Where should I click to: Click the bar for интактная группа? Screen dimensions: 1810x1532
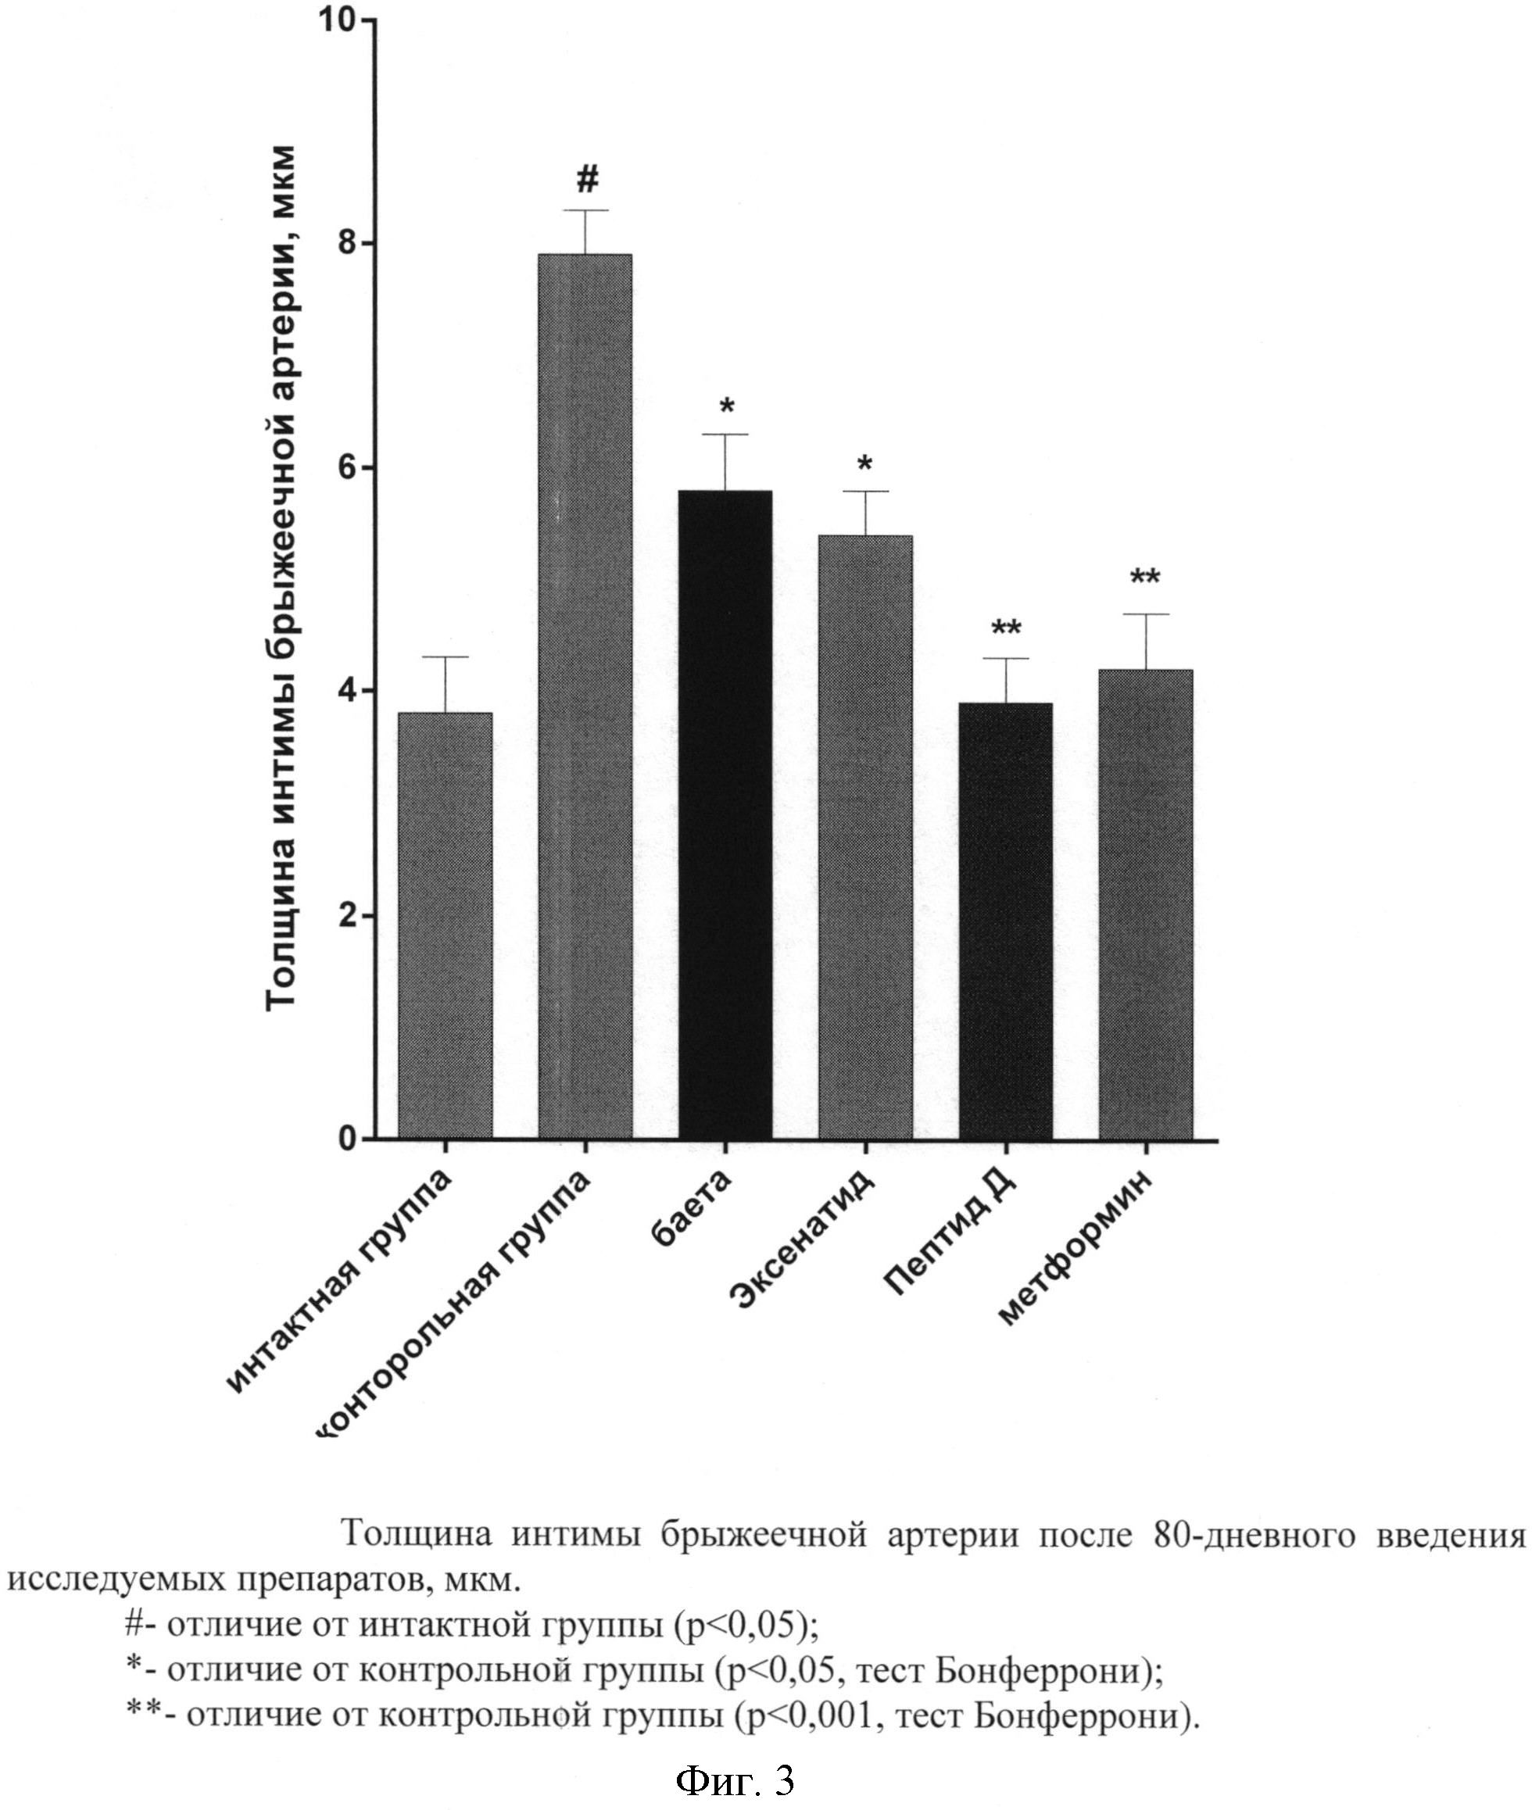click(445, 925)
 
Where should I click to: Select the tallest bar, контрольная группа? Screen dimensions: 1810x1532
click(585, 696)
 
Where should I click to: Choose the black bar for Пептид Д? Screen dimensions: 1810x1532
click(1006, 921)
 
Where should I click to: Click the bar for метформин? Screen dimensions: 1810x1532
click(1146, 903)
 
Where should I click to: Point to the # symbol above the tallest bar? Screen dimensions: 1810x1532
click(587, 181)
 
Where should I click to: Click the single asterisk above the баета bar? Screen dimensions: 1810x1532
click(727, 406)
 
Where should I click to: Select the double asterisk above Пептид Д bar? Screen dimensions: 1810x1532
click(1007, 628)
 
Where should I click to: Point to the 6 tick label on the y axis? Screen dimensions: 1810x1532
click(349, 467)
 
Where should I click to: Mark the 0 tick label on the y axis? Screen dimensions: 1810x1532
click(349, 1139)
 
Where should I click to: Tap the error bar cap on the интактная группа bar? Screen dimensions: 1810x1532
click(445, 657)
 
